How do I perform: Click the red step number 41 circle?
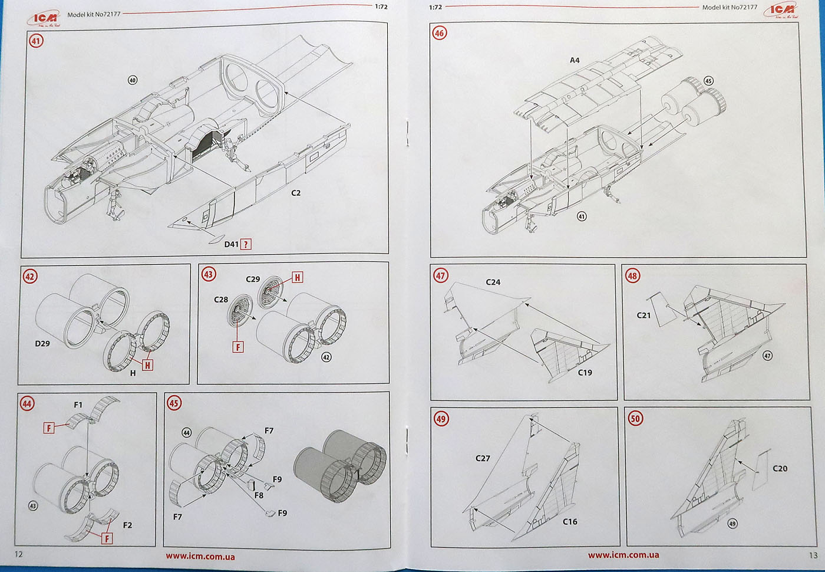coord(37,41)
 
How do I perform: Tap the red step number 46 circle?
coord(439,33)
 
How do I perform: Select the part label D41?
coord(231,244)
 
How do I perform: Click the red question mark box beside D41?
coord(246,244)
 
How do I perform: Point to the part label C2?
coord(296,193)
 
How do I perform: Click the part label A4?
coord(575,60)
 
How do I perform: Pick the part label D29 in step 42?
coord(42,343)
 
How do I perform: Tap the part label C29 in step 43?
coord(253,279)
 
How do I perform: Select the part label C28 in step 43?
coord(221,300)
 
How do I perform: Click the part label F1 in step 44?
coord(78,405)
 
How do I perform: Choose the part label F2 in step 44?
coord(127,525)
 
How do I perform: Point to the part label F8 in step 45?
coord(259,495)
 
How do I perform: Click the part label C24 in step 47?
coord(493,282)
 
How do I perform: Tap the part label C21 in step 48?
coord(643,315)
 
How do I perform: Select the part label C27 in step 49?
coord(483,458)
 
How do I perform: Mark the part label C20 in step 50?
coord(780,468)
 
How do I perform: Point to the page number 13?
coord(813,555)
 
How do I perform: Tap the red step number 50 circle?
coord(635,419)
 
